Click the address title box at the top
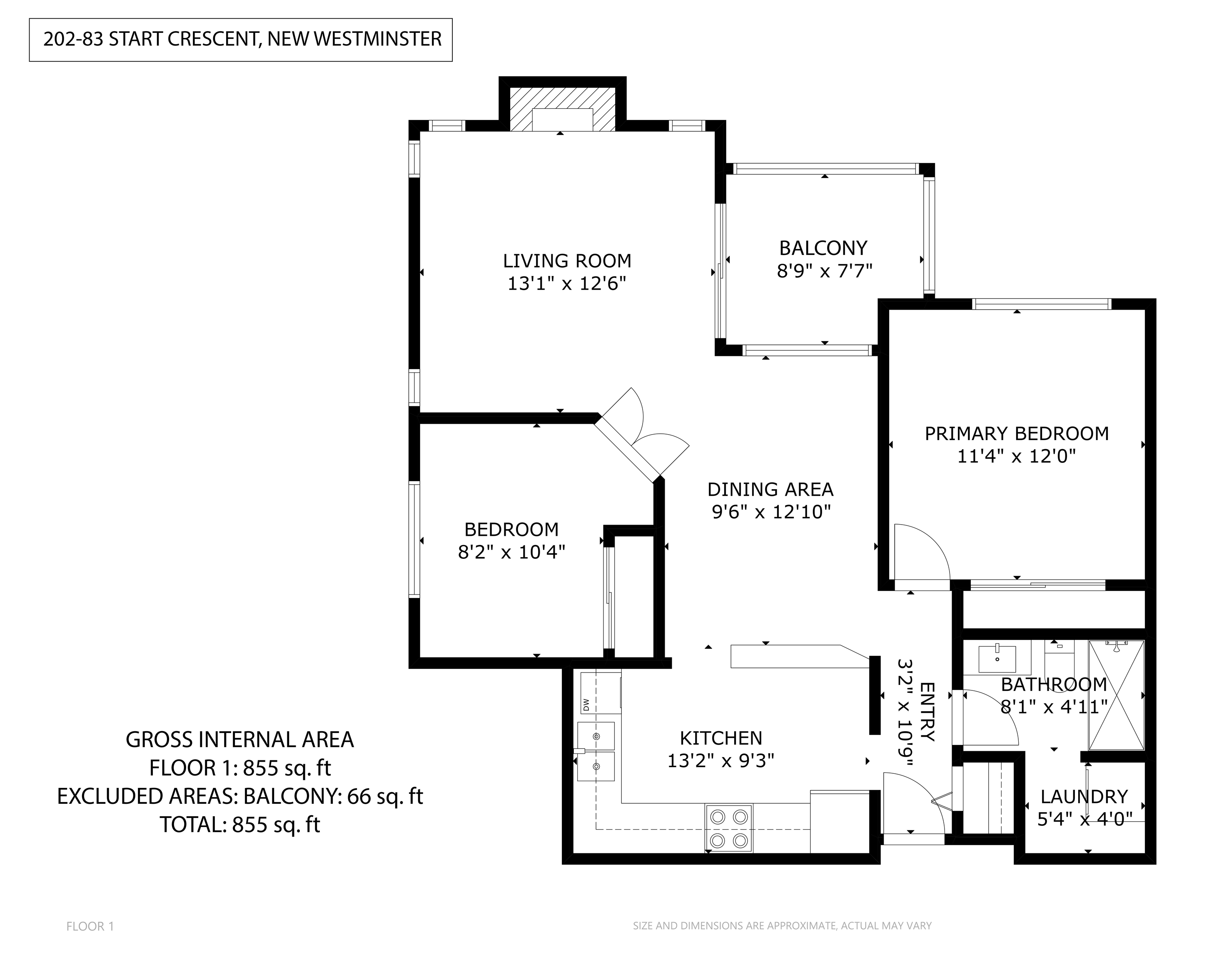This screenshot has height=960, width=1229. coord(241,40)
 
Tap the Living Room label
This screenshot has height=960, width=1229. coord(567,261)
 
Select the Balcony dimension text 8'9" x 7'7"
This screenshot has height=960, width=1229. coord(824,271)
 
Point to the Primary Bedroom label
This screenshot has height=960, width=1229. coord(1017,434)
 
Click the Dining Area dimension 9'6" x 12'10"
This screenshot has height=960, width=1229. coord(771,512)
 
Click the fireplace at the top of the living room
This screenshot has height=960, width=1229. coord(562,109)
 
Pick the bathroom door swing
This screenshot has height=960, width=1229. coord(991,718)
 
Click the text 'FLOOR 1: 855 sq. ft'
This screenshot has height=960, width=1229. coord(240,768)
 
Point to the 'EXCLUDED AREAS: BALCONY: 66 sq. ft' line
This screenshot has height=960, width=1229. coord(240,796)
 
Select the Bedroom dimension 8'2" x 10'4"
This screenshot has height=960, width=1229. coord(511,552)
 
